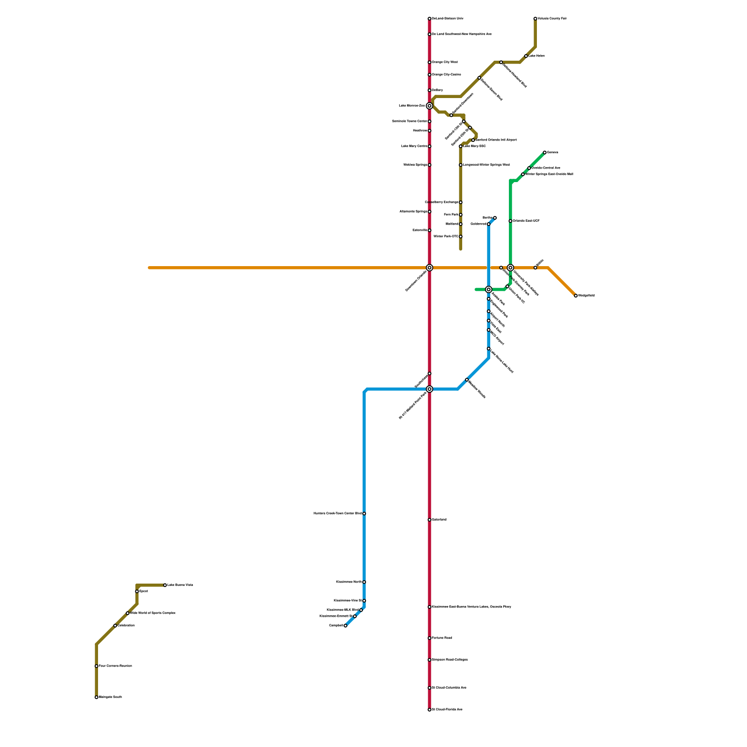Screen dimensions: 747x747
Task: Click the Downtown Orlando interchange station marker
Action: click(430, 268)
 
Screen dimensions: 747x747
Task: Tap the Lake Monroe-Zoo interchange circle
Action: click(430, 106)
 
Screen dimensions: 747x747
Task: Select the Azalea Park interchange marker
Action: click(489, 289)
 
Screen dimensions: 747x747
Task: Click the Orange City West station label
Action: click(444, 62)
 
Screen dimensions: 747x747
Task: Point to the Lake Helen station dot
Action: click(526, 56)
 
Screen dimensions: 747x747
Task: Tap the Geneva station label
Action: click(553, 153)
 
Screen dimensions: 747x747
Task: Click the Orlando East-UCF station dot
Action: click(510, 221)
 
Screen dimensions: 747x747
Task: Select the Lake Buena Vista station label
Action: click(180, 585)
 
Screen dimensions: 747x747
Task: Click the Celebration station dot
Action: click(115, 626)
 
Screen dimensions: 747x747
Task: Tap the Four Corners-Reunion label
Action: click(115, 666)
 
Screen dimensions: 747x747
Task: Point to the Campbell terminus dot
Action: click(345, 626)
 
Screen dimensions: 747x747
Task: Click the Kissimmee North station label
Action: click(349, 582)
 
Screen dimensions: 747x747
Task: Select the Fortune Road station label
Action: click(442, 638)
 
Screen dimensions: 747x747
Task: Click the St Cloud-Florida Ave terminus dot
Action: click(430, 710)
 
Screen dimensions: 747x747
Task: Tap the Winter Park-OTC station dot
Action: click(461, 237)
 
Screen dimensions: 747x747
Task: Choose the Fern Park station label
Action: click(451, 215)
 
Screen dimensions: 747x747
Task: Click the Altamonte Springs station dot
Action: click(430, 211)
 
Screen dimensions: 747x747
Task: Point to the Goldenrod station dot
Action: click(489, 224)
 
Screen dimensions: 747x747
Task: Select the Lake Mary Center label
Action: click(414, 146)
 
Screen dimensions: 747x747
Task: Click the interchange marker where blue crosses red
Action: click(430, 389)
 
